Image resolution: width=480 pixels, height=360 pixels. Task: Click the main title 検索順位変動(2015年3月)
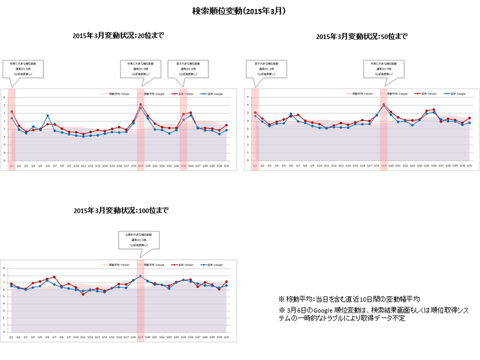[239, 12]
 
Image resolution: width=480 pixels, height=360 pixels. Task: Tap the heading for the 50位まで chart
[361, 36]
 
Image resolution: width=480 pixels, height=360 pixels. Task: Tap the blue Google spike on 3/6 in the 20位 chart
[47, 116]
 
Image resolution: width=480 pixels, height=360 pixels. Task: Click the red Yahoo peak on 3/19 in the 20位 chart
[141, 105]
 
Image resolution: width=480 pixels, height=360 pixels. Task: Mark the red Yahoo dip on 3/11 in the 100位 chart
[83, 293]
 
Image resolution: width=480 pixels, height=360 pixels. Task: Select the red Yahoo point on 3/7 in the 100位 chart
[54, 277]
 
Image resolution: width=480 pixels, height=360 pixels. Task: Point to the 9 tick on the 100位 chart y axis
[5, 268]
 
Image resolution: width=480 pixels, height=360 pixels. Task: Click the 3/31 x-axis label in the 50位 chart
[470, 165]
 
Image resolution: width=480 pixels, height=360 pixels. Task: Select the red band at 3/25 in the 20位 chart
[183, 130]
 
